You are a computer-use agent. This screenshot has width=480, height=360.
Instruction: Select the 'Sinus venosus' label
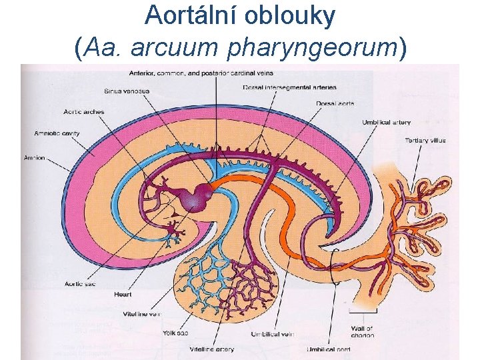pos(127,91)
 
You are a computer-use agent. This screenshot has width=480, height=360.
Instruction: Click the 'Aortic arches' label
pos(84,112)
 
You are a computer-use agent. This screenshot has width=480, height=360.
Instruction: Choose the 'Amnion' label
pos(35,158)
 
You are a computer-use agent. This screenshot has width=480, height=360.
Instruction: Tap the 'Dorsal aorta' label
pos(335,103)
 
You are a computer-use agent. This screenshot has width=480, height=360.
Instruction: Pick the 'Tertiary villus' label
pos(425,141)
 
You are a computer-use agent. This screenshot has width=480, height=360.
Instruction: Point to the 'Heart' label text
pos(123,294)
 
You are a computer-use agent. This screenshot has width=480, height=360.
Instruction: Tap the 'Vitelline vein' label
pos(142,313)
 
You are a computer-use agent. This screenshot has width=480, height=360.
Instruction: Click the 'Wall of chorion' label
pos(363,331)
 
